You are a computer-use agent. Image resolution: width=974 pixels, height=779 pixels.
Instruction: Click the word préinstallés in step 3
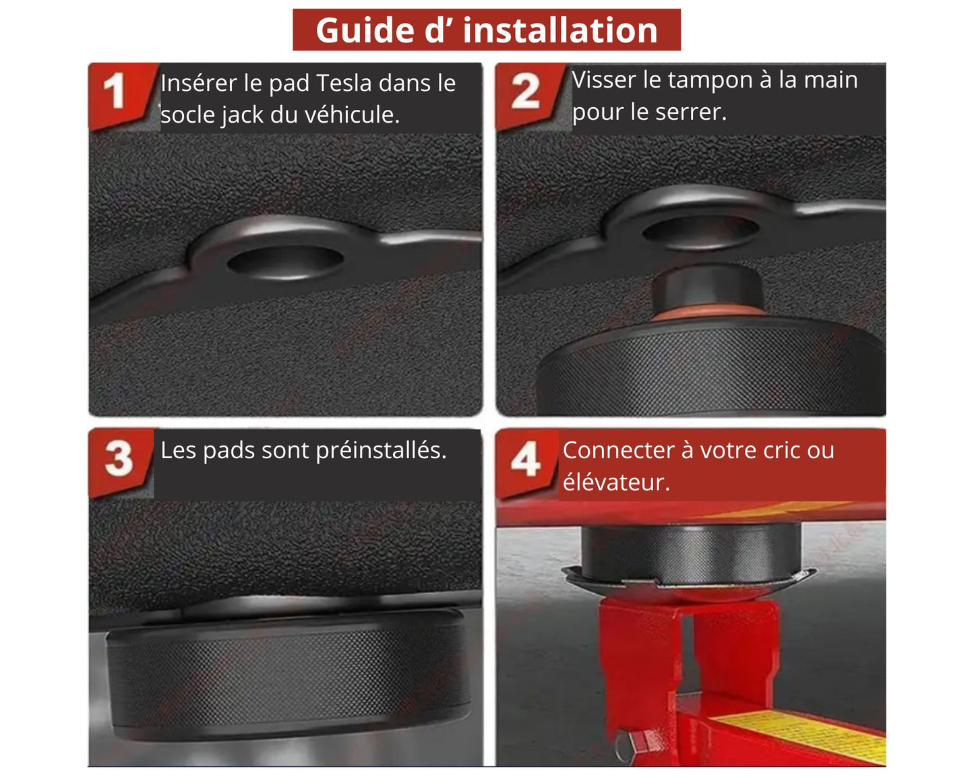381,451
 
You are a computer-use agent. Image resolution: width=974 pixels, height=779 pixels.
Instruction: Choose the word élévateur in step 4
616,482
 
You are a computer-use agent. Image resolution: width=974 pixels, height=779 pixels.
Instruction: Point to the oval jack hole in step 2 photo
700,232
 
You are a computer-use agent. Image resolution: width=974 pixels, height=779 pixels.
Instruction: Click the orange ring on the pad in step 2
708,312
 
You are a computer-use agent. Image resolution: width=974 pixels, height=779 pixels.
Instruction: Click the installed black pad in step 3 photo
286,675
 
